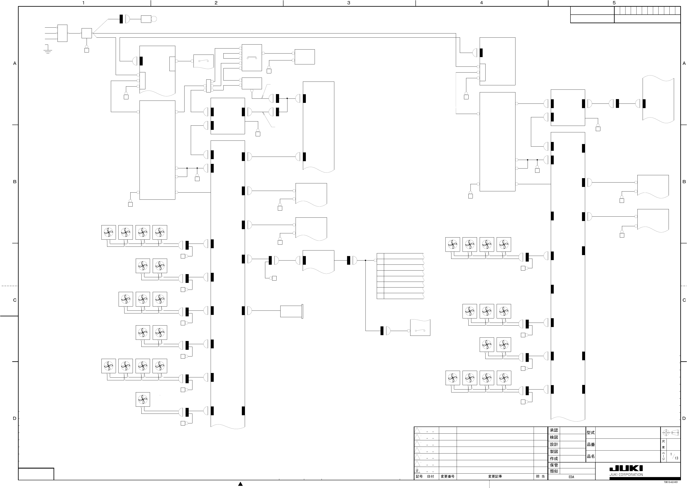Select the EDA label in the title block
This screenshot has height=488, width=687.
tap(571, 477)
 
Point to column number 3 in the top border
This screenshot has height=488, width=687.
tap(349, 3)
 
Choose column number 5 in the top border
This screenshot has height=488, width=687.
tap(614, 3)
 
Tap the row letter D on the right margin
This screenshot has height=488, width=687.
tap(684, 418)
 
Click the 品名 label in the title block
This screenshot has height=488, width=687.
tap(591, 456)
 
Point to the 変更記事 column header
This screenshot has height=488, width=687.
tap(495, 477)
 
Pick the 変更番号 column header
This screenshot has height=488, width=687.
tap(447, 477)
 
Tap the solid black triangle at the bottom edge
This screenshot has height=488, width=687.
tap(240, 484)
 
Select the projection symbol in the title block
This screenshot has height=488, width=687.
tap(671, 433)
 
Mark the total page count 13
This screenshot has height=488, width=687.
tap(676, 458)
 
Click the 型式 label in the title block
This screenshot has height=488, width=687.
tap(591, 433)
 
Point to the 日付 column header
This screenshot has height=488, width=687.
tap(431, 477)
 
